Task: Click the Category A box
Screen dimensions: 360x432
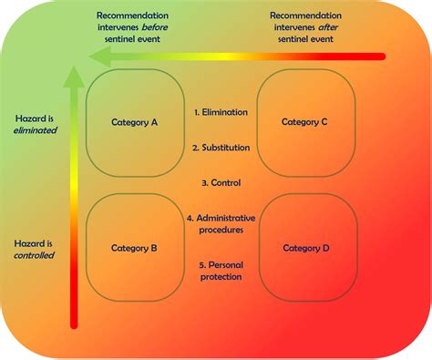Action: tap(134, 122)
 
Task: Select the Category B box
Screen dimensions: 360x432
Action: tap(134, 247)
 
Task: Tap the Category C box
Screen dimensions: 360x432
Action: tap(305, 122)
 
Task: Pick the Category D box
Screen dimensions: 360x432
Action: tap(307, 247)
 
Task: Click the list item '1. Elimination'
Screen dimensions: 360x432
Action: tap(220, 112)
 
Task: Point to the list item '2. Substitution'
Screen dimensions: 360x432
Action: tap(220, 147)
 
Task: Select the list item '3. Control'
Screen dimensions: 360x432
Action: tap(220, 182)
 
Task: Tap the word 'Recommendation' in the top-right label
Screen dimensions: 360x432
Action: tap(305, 15)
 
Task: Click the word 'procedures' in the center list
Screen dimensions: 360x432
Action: tap(220, 231)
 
